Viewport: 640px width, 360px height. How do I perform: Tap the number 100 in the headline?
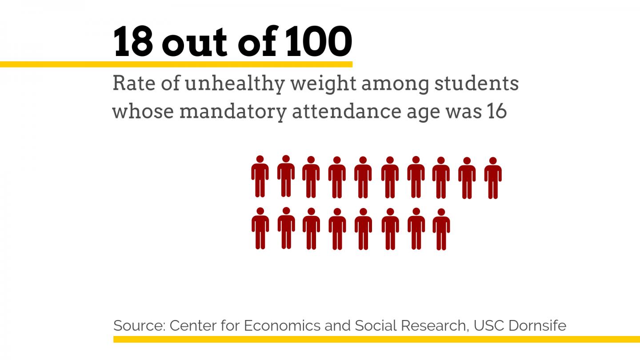click(x=318, y=42)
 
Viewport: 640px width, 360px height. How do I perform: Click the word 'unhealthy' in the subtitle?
click(x=235, y=84)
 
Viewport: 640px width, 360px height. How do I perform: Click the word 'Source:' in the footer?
click(x=139, y=326)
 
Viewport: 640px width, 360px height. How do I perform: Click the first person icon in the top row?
click(x=260, y=176)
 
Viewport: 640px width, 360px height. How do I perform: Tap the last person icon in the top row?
click(x=493, y=178)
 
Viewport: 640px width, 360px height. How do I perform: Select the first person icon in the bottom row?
click(x=260, y=228)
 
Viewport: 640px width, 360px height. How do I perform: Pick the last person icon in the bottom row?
click(x=441, y=229)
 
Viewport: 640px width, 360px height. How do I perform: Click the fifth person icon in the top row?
click(x=363, y=177)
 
